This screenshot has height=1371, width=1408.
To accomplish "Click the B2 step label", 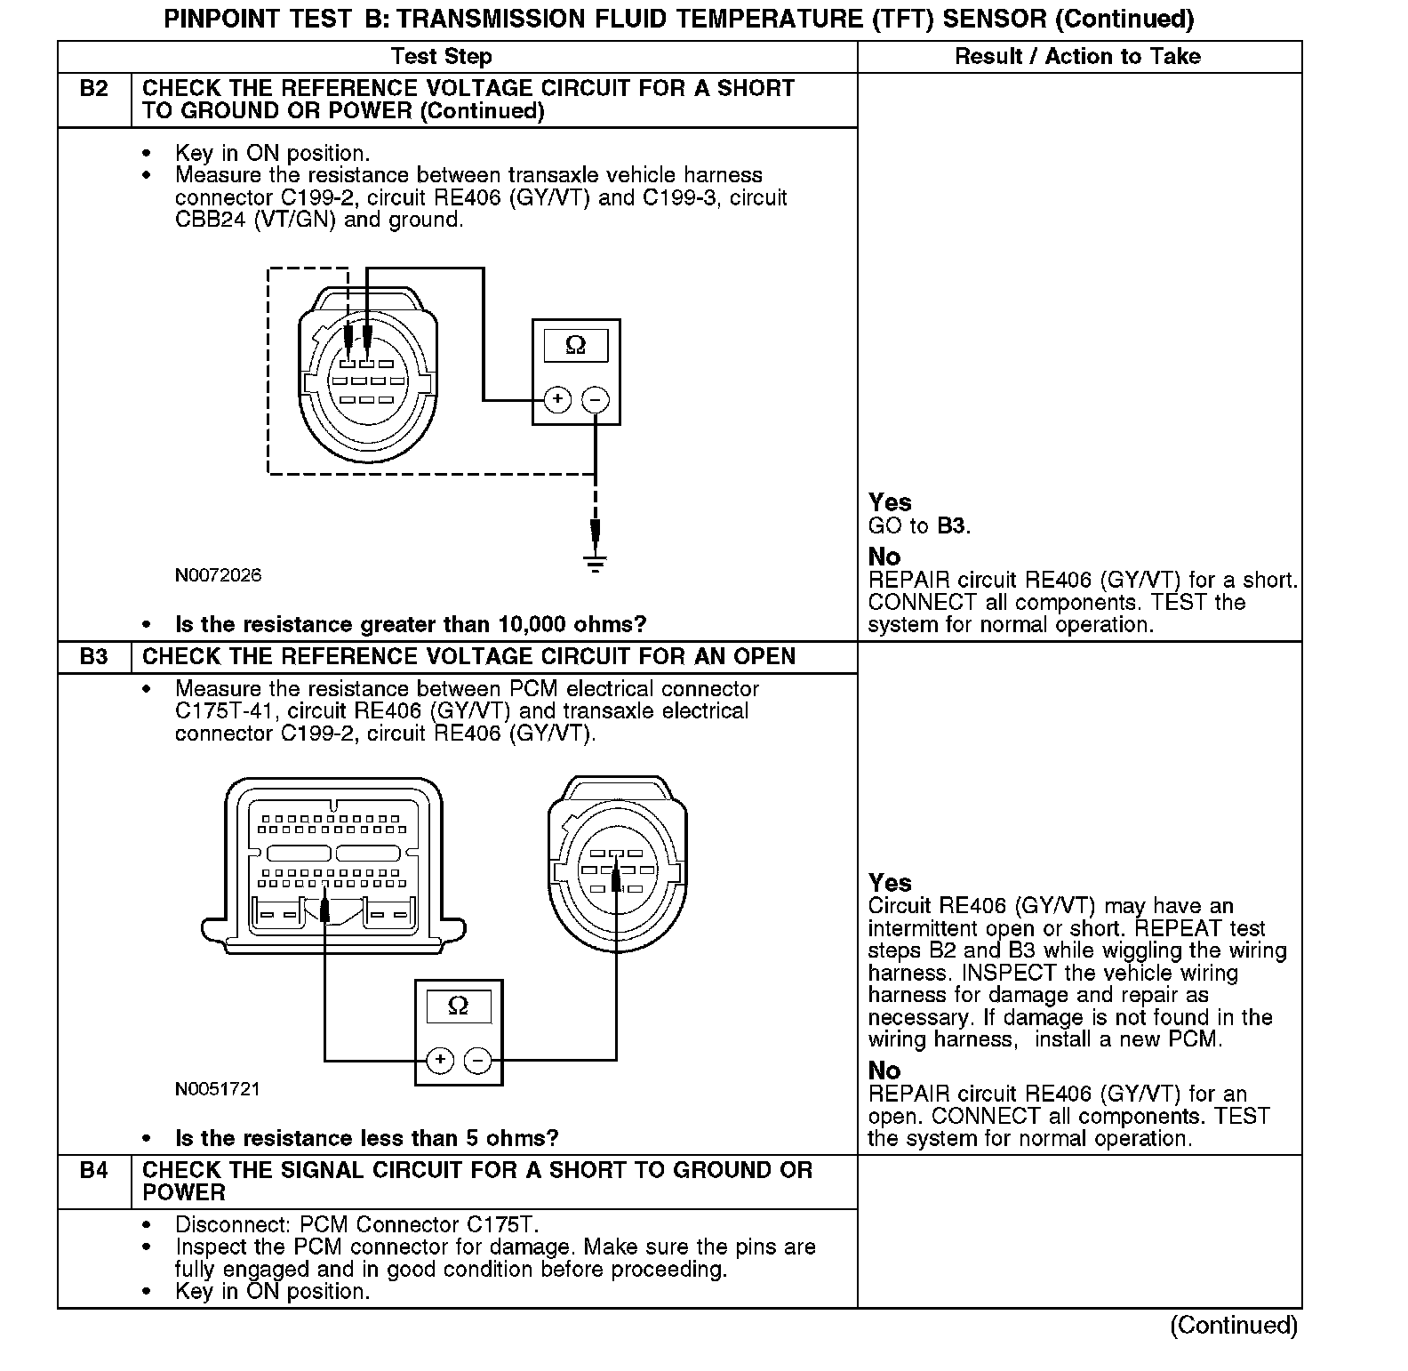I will (x=93, y=89).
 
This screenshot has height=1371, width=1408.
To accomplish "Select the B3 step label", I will (x=93, y=657).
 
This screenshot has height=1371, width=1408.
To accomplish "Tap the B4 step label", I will (x=93, y=1170).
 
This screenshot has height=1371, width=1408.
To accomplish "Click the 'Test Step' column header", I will (x=441, y=57).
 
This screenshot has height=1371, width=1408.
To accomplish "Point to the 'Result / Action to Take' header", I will (x=1077, y=57).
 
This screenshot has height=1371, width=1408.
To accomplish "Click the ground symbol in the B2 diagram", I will (x=596, y=562).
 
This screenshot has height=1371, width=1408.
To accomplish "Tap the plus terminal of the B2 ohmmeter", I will (x=557, y=400).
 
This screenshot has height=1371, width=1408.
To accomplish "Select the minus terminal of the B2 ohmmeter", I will (x=596, y=400).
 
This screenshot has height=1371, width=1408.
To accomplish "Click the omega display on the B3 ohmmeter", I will (x=458, y=1006).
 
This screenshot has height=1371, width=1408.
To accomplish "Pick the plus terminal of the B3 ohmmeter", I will (x=440, y=1060).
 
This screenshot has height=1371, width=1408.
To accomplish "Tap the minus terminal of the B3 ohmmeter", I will (x=478, y=1060).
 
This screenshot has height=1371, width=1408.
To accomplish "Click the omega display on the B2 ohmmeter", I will (x=575, y=345).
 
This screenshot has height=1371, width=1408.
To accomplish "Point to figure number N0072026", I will (x=219, y=575).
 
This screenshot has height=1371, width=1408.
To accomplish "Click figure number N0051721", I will (x=218, y=1089).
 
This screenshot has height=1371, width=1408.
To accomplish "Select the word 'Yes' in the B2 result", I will (x=890, y=502).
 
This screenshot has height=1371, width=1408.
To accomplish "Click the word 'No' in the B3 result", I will (x=884, y=1070).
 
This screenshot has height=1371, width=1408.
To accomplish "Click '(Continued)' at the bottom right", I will (x=1233, y=1326).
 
